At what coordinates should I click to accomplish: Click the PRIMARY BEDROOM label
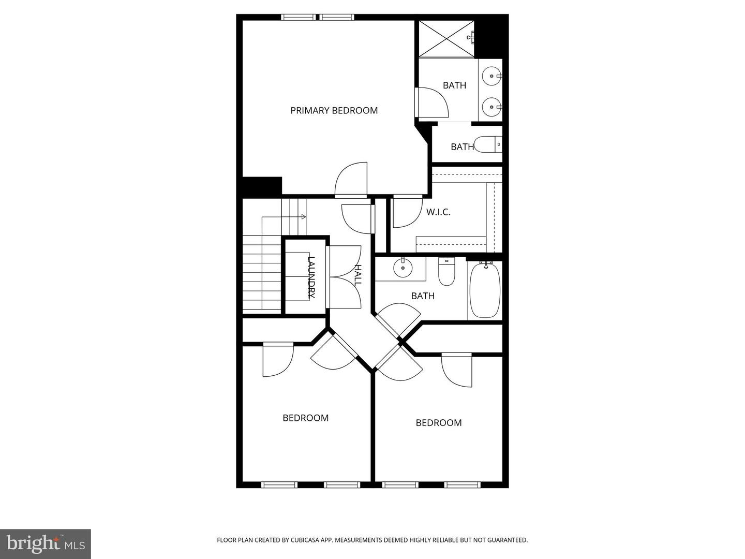[334, 110]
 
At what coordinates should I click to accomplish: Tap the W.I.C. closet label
[438, 212]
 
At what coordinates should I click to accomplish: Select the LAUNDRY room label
[311, 277]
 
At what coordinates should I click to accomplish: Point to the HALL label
[357, 275]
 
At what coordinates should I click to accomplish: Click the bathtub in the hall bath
[485, 290]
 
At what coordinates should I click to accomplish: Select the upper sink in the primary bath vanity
[490, 76]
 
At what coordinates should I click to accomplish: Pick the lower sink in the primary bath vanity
[490, 107]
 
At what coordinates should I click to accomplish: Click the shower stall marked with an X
[445, 38]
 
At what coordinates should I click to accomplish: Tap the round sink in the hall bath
[402, 268]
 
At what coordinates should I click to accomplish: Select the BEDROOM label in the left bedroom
[305, 418]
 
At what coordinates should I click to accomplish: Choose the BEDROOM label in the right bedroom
[439, 423]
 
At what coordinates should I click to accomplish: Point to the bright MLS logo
[46, 543]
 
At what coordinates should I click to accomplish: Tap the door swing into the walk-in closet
[406, 212]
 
